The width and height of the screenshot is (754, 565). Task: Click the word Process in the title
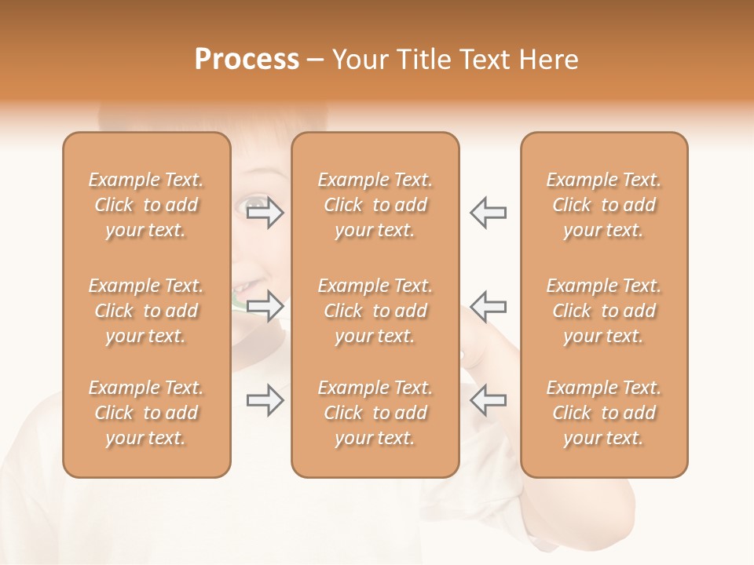(247, 60)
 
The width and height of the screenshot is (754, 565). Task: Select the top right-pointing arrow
(265, 213)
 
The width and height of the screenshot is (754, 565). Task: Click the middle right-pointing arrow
(265, 305)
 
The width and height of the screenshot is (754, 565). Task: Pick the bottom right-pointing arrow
(265, 400)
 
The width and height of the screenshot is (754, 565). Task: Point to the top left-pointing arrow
(489, 213)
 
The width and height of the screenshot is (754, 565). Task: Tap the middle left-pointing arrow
(489, 305)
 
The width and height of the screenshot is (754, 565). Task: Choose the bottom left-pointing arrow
(489, 400)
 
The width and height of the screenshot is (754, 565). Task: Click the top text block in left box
(146, 205)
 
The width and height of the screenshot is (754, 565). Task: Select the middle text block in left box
(146, 311)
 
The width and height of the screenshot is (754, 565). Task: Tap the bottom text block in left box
(146, 413)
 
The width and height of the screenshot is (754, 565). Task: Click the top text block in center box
(375, 205)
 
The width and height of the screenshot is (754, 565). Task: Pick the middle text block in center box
(375, 311)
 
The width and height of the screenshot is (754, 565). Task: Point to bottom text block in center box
(375, 413)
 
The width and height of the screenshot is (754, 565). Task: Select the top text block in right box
(603, 205)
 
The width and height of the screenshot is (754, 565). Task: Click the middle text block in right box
(603, 311)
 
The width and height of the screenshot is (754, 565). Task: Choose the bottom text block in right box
(603, 413)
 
